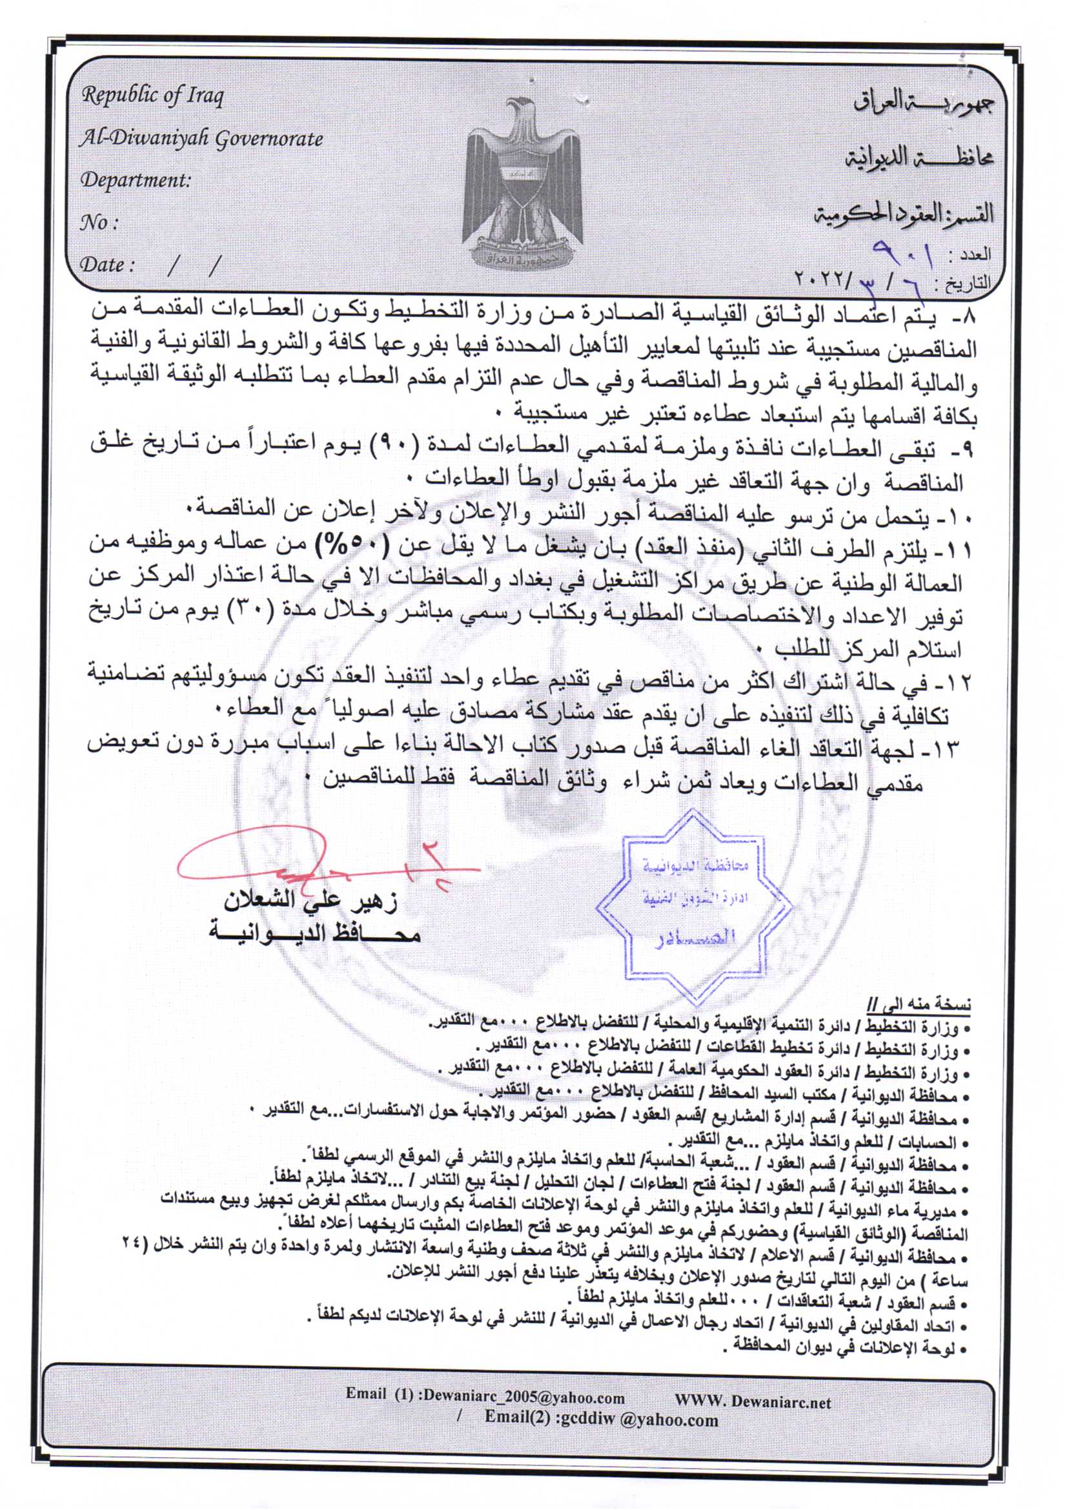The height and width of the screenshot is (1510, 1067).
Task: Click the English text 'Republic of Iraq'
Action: [152, 96]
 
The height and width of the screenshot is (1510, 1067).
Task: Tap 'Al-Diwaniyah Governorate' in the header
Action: [201, 139]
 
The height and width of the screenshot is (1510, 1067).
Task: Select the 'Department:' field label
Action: [136, 180]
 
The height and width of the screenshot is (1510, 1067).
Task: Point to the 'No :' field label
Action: [99, 223]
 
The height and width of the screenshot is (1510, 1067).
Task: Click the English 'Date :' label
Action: [107, 265]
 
